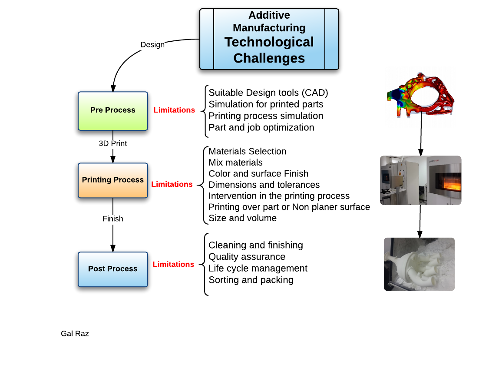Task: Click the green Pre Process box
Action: [x=113, y=110]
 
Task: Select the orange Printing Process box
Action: [x=113, y=180]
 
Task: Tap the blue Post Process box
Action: [x=113, y=269]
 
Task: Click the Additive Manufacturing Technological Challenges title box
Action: [x=269, y=39]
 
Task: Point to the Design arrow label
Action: [x=152, y=45]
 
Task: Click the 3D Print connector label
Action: [x=113, y=143]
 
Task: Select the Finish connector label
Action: [x=113, y=219]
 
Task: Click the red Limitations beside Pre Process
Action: [x=174, y=110]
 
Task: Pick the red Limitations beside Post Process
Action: [x=173, y=264]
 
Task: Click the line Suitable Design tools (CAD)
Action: [x=268, y=93]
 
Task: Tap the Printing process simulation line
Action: [x=266, y=116]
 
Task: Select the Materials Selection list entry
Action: [x=248, y=151]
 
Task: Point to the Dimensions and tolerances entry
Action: [x=264, y=185]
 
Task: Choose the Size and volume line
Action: [x=242, y=218]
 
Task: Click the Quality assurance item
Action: [x=247, y=257]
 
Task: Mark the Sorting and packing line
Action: [x=251, y=280]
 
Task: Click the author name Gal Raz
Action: [x=75, y=334]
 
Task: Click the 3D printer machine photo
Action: [x=420, y=180]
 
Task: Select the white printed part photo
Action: [x=419, y=264]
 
